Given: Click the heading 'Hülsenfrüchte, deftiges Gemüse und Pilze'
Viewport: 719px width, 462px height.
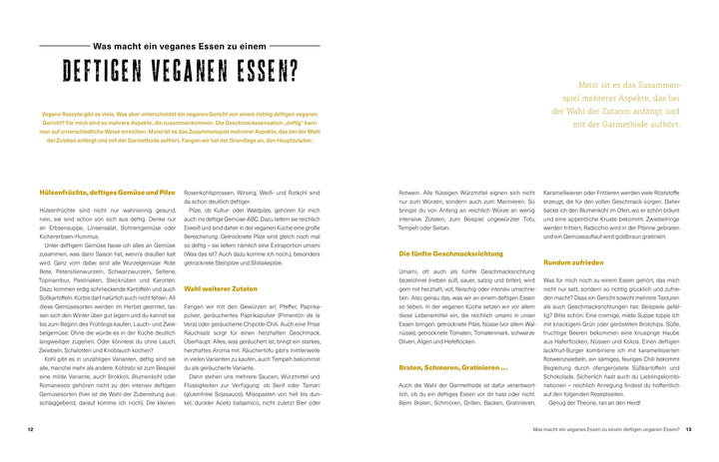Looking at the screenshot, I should (107, 192).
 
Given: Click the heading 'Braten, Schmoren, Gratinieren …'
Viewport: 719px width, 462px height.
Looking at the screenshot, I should (442, 368).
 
